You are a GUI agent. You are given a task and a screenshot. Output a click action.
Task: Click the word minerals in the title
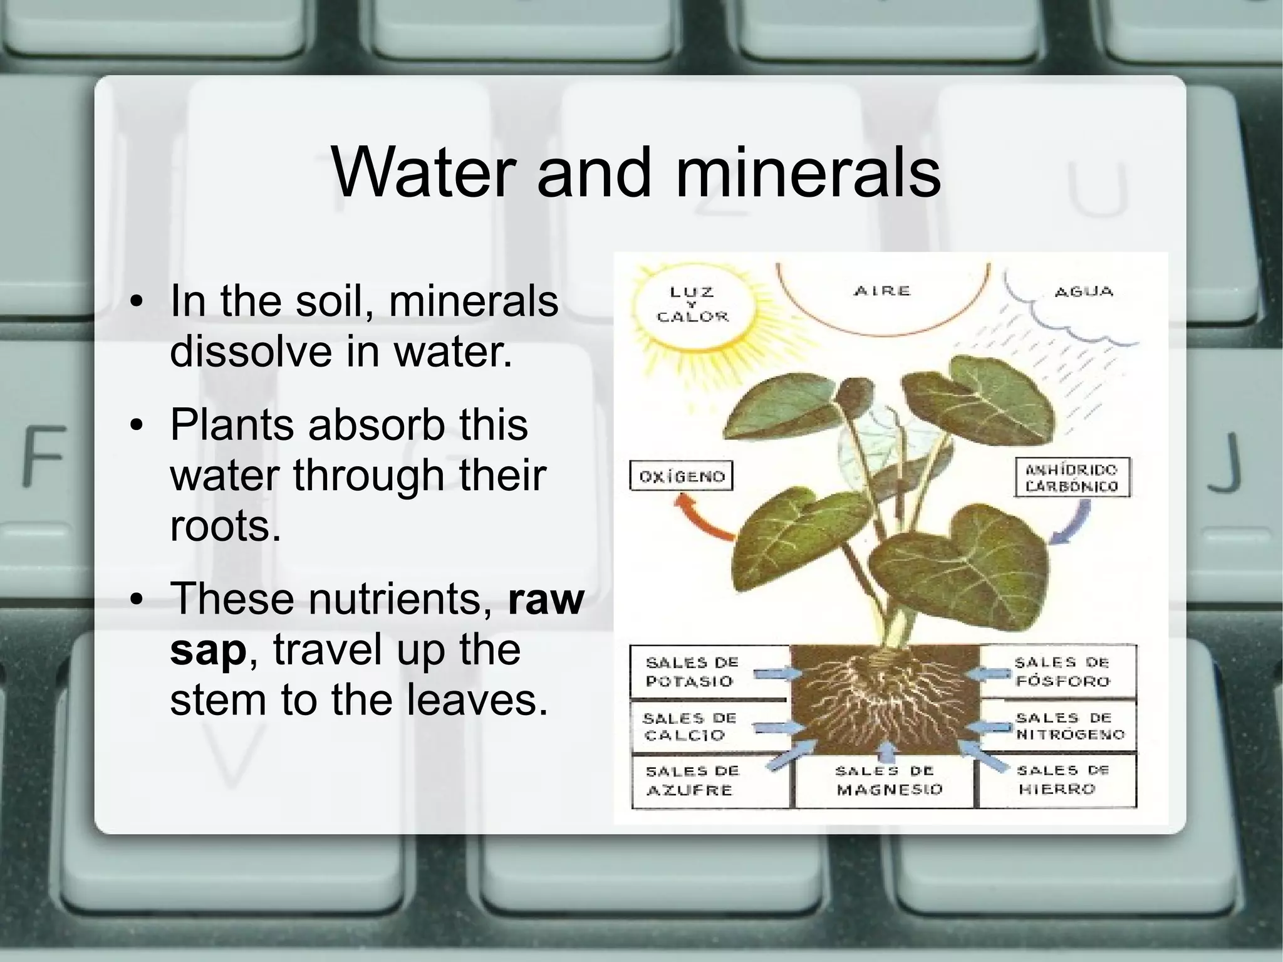[808, 172]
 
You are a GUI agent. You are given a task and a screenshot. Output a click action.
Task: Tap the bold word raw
[546, 599]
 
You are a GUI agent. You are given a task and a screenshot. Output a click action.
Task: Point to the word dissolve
[251, 350]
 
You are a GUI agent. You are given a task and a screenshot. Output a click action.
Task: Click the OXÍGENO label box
[681, 476]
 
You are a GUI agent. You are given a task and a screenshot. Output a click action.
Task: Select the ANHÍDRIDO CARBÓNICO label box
[1071, 478]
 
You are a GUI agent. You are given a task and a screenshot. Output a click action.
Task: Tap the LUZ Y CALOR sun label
[692, 305]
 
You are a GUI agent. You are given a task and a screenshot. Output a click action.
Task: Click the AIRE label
[881, 291]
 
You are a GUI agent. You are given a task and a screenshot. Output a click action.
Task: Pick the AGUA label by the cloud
[1083, 292]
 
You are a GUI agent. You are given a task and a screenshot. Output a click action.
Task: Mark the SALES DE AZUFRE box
[692, 781]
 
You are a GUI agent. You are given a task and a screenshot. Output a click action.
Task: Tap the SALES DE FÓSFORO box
[1062, 672]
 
